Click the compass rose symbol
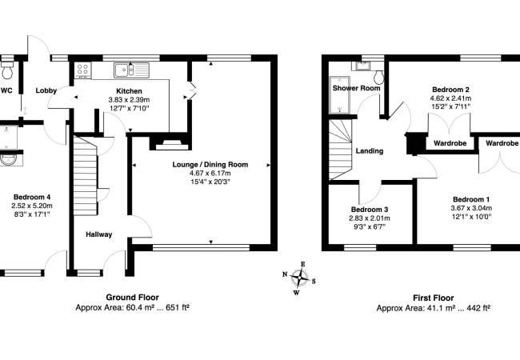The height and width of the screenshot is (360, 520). click(x=301, y=278)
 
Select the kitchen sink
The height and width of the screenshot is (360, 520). click(x=125, y=69)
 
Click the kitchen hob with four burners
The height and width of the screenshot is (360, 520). click(x=82, y=70)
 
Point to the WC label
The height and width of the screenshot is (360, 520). click(x=6, y=91)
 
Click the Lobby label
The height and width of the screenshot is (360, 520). click(x=46, y=91)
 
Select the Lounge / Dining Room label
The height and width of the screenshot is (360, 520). click(x=210, y=165)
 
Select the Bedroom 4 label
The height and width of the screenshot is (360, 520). click(x=32, y=196)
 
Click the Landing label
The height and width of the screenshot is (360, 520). click(x=369, y=150)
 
